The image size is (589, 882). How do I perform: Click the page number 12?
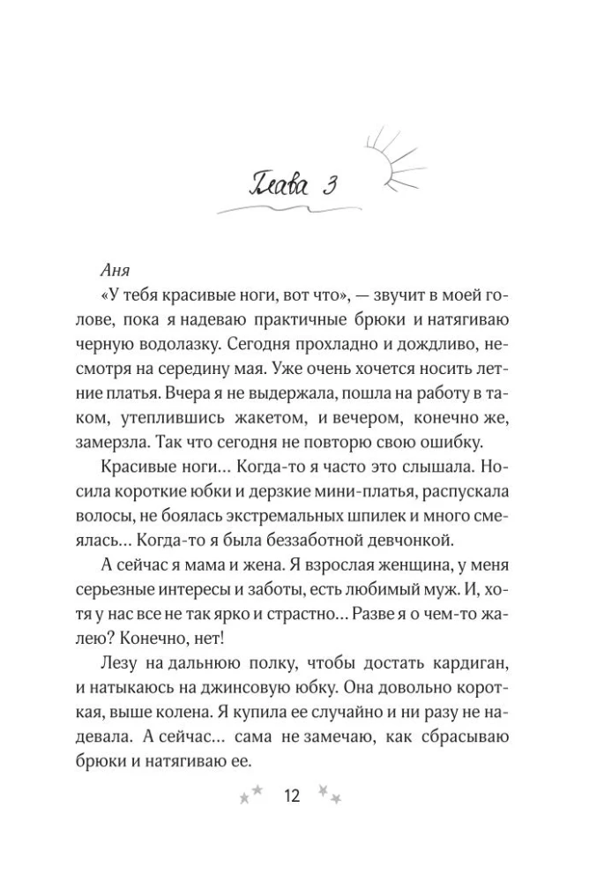click(291, 796)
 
